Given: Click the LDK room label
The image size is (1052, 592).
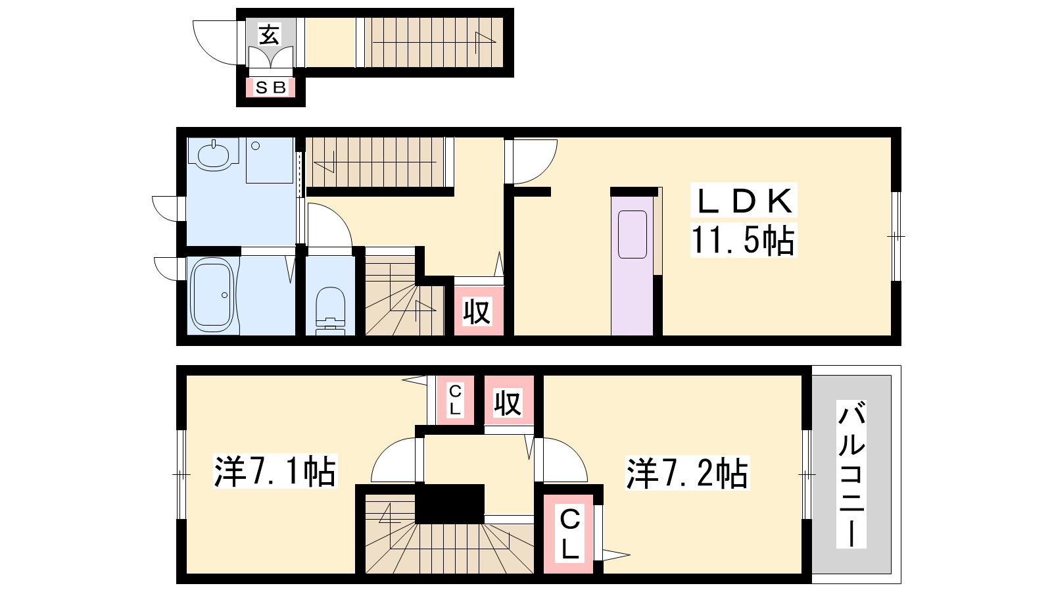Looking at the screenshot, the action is click(x=744, y=201).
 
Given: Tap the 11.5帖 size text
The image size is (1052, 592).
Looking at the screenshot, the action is click(x=743, y=240).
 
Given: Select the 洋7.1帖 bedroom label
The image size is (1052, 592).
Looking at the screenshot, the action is click(x=275, y=471).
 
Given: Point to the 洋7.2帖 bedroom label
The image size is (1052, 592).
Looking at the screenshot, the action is click(x=688, y=474).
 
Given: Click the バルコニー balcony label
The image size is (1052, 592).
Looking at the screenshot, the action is click(x=851, y=474).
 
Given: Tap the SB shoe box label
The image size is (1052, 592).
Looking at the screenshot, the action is click(x=271, y=87).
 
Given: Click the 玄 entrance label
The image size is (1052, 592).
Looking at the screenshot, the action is click(x=269, y=35).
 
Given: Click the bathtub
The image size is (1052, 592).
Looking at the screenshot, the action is click(x=213, y=295).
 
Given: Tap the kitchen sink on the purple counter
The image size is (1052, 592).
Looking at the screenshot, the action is click(x=633, y=234).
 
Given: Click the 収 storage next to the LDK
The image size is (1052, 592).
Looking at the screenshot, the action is click(x=477, y=311).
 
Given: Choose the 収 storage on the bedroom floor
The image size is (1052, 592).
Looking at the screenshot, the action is click(x=509, y=402).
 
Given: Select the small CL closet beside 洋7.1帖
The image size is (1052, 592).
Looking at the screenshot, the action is click(x=454, y=400).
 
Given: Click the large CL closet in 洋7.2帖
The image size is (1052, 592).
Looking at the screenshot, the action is click(x=569, y=534).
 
